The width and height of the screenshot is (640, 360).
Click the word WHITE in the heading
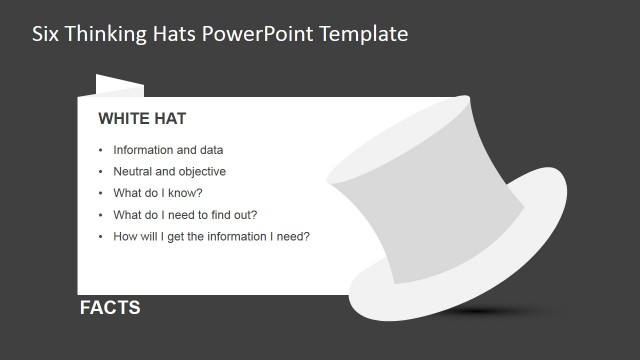pyautogui.click(x=123, y=119)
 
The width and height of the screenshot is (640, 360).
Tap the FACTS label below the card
pyautogui.click(x=110, y=308)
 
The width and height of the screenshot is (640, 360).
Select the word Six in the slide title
pyautogui.click(x=45, y=33)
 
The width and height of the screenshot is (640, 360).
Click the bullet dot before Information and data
pyautogui.click(x=100, y=150)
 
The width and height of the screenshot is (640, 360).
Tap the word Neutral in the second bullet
pyautogui.click(x=134, y=171)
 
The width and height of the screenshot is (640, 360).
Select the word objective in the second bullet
pyautogui.click(x=202, y=171)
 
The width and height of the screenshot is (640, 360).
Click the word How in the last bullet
pyautogui.click(x=125, y=237)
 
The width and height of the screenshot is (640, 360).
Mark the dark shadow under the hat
pyautogui.click(x=490, y=312)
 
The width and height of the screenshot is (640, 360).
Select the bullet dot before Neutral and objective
pyautogui.click(x=100, y=172)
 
